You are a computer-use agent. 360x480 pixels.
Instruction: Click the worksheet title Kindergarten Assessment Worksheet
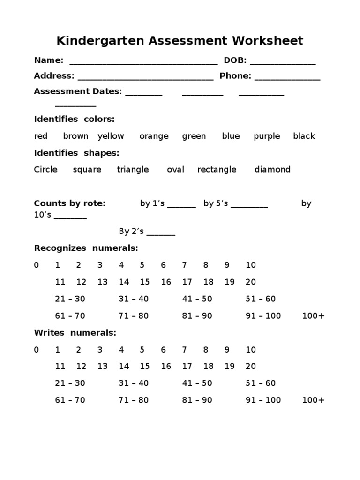[180, 41]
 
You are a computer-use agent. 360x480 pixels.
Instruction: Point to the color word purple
[267, 136]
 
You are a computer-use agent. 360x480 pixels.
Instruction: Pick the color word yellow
[111, 136]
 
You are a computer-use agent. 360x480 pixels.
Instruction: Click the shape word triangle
[133, 170]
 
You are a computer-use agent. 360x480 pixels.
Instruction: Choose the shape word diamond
[272, 170]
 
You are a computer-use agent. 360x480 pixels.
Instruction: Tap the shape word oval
[175, 170]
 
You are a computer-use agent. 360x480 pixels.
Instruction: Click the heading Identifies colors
[74, 120]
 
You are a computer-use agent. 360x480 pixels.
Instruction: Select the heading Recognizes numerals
[86, 248]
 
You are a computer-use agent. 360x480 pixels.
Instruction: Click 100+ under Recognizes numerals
[313, 316]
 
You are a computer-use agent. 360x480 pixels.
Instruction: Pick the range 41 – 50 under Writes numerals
[197, 383]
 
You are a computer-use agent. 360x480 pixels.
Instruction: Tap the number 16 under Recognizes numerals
[166, 282]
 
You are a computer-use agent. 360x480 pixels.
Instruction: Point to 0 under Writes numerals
[37, 350]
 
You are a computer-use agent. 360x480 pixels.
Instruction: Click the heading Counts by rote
[70, 203]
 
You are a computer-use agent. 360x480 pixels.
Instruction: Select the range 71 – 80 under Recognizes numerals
[134, 316]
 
